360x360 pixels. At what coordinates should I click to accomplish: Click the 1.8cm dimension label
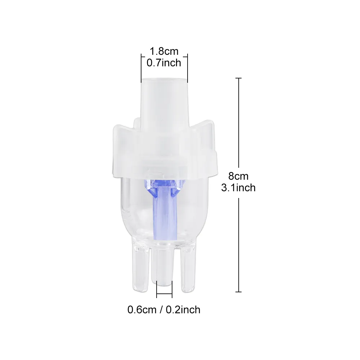point(164,52)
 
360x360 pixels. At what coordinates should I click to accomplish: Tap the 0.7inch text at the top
point(164,63)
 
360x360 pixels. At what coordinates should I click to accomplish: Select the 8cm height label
point(238,176)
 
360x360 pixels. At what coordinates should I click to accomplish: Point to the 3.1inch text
point(238,188)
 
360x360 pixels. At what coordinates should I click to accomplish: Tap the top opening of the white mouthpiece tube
point(164,80)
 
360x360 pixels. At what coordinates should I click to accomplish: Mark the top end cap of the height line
point(238,78)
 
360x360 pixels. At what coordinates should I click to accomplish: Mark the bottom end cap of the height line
point(238,292)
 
